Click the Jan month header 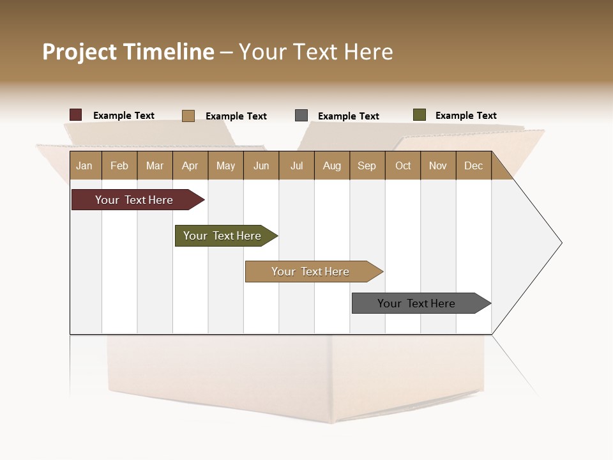point(85,165)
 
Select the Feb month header point(119,165)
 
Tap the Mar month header point(155,165)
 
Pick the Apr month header point(190,165)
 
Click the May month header point(225,165)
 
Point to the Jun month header point(261,165)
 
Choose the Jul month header point(297,165)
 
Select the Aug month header point(332,165)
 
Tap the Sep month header point(367,165)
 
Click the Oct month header point(403,165)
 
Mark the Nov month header point(438,165)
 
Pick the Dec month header point(474,165)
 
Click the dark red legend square point(76,115)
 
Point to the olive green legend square point(419,115)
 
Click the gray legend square point(301,116)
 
